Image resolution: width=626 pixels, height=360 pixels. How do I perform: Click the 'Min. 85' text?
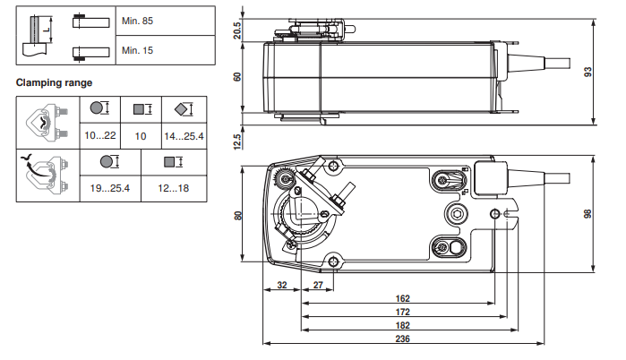[137, 19]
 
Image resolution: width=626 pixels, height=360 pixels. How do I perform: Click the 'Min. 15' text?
[137, 50]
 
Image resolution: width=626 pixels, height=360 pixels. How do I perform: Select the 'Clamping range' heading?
[54, 83]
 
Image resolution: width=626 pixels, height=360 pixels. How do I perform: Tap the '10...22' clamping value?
[100, 135]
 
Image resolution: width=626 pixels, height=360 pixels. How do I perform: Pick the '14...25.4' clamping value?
[184, 135]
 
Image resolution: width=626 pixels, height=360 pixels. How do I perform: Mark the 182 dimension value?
[402, 324]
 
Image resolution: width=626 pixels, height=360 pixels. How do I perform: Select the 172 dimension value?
[402, 312]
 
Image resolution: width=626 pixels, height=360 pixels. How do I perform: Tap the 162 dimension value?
[402, 299]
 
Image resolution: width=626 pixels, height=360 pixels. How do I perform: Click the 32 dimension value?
[282, 286]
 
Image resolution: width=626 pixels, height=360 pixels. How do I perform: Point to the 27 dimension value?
[318, 286]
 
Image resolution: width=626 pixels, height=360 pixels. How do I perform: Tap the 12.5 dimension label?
[237, 141]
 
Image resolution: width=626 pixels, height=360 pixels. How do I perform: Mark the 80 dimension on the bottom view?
[237, 215]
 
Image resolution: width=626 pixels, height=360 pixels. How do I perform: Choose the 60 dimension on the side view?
[237, 77]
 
